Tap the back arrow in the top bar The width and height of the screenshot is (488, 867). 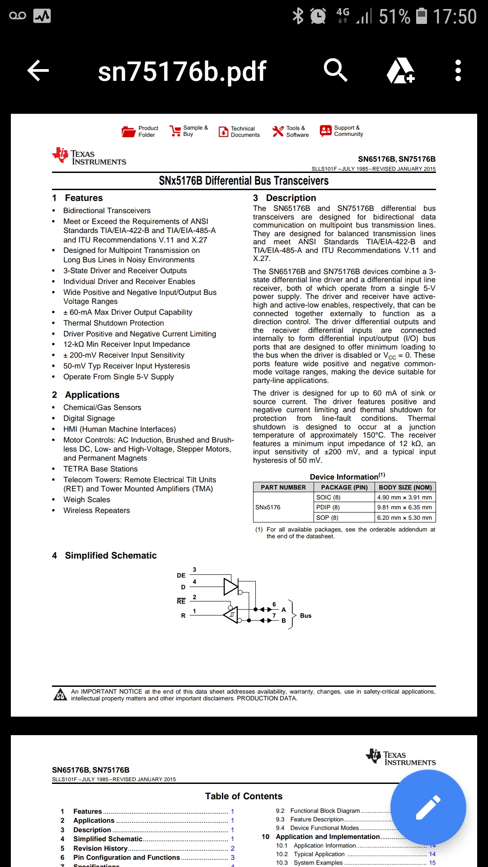38,71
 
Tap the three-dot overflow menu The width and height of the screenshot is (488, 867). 458,71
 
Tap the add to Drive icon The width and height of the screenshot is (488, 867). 400,71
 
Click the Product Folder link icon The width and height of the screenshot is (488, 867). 129,131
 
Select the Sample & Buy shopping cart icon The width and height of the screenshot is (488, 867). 175,131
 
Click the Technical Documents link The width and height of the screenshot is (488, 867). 245,131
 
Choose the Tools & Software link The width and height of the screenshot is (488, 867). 297,131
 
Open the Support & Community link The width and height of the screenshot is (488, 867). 348,131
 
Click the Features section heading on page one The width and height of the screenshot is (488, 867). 84,198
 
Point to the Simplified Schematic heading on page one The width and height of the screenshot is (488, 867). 111,555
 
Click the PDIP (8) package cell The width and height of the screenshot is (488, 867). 328,507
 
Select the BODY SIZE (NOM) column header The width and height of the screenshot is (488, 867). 405,487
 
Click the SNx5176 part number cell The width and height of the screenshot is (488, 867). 268,507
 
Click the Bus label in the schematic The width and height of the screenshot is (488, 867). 305,615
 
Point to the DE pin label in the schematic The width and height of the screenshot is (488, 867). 181,575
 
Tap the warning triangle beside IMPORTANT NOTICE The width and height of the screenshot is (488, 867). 60,695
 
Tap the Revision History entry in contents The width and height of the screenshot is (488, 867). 100,848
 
